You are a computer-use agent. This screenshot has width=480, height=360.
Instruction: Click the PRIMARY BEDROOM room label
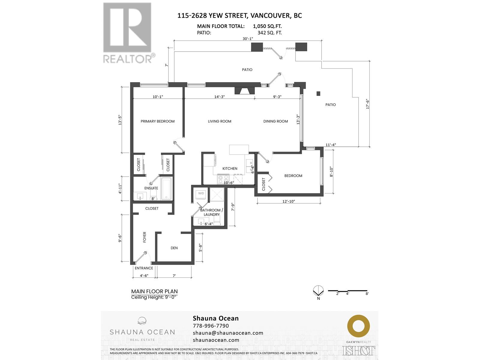[157, 121]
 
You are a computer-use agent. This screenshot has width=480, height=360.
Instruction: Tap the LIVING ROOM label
[220, 121]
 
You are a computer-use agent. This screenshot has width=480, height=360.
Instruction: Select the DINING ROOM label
[275, 121]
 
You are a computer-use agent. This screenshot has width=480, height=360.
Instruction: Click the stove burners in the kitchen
[223, 179]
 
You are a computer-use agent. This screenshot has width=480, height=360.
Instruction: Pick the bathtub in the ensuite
[166, 189]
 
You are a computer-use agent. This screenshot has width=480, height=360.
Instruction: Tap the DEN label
[174, 248]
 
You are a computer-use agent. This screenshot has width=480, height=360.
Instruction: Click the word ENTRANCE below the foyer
[144, 268]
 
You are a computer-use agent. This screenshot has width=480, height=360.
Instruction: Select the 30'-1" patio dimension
[248, 39]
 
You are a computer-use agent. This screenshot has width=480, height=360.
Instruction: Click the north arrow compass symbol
[318, 291]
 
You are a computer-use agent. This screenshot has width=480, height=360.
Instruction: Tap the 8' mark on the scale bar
[367, 294]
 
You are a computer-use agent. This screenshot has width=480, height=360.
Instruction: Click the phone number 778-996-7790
[211, 326]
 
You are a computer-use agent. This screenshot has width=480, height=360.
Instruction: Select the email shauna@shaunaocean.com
[228, 333]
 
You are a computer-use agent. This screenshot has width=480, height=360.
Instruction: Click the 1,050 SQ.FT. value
[267, 26]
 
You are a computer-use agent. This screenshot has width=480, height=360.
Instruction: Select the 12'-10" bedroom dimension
[288, 201]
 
